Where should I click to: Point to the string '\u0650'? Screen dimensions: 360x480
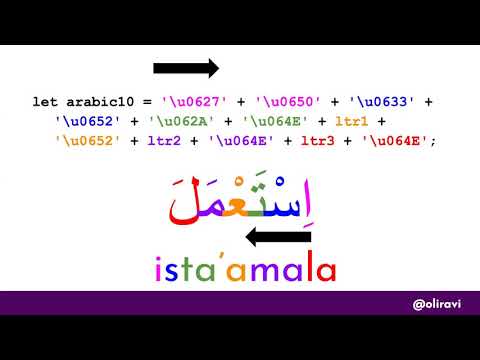pos(287,102)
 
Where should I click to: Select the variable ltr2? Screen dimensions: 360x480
pos(169,140)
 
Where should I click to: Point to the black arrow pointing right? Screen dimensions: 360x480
pos(186,68)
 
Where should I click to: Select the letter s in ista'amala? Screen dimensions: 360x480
pos(181,269)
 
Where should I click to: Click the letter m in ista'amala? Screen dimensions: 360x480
pos(271,270)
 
